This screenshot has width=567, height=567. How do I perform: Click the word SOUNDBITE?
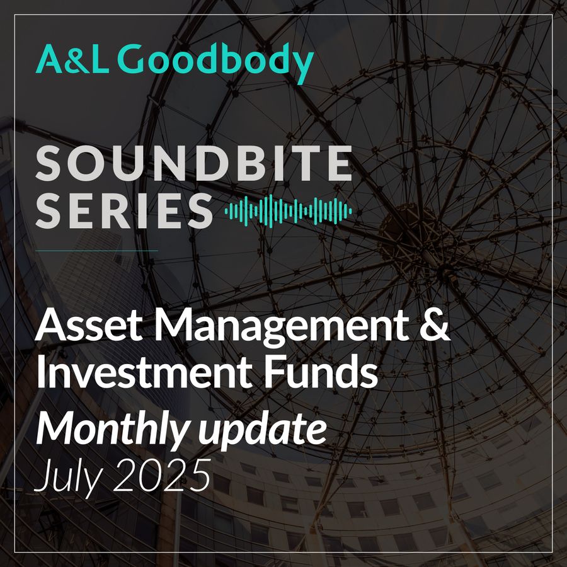(x=194, y=163)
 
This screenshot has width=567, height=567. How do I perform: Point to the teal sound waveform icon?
(x=288, y=211)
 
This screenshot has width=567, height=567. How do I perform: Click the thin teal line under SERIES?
(x=96, y=250)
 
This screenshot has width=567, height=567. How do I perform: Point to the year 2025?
(x=162, y=474)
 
